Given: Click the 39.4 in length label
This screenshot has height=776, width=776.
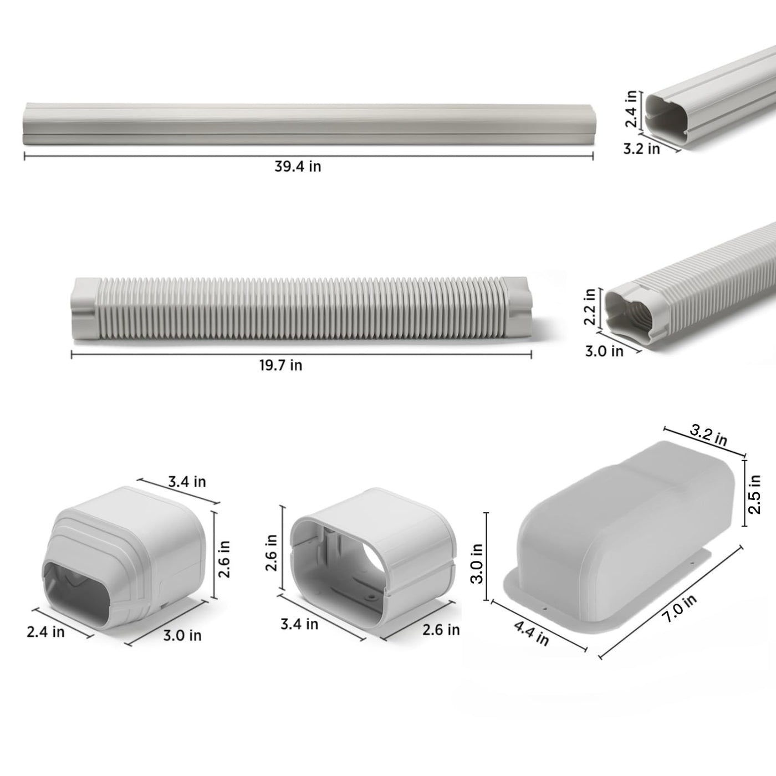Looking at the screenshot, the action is pyautogui.click(x=298, y=166).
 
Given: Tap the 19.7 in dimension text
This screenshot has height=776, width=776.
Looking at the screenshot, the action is pyautogui.click(x=280, y=365).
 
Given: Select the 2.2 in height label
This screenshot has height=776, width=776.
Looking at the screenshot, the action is pyautogui.click(x=590, y=307).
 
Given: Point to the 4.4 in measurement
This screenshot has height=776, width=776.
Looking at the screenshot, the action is pyautogui.click(x=531, y=632).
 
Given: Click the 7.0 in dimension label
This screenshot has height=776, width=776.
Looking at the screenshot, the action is pyautogui.click(x=680, y=609).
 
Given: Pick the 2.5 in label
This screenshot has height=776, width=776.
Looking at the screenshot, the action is pyautogui.click(x=754, y=494).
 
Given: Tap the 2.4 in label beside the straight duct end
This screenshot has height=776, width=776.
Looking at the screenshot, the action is pyautogui.click(x=631, y=109).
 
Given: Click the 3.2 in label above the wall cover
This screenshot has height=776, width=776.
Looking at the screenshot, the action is pyautogui.click(x=708, y=435).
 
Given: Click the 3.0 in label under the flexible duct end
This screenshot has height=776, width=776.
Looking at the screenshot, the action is pyautogui.click(x=604, y=351).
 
